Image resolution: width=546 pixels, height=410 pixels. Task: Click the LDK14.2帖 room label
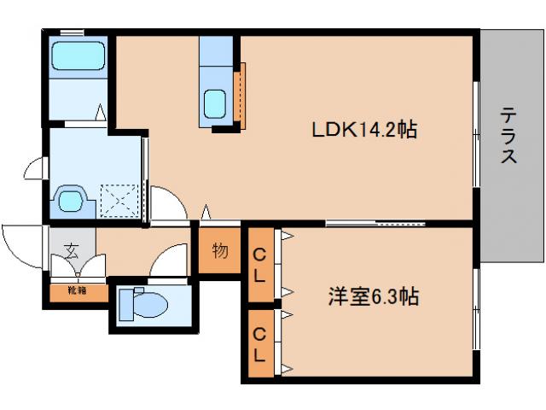363,131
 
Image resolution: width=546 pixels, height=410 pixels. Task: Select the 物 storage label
219,251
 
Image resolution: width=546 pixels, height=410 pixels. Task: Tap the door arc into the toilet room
171,260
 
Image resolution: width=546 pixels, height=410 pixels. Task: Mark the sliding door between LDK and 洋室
375,224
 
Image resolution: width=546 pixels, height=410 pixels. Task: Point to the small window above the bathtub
72,32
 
